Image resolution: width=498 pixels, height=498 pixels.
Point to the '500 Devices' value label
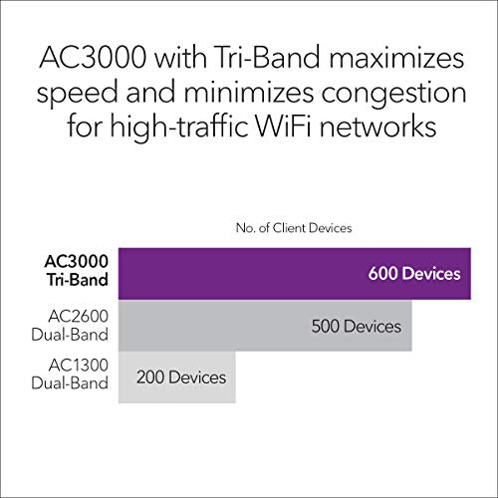[356, 327]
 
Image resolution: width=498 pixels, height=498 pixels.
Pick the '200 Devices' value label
[181, 378]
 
